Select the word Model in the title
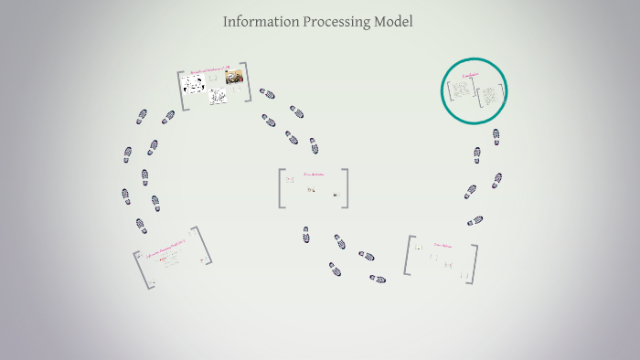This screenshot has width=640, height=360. pos(393,21)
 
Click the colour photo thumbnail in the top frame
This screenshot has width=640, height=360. pos(234,78)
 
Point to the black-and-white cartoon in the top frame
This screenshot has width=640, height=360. pos(193,85)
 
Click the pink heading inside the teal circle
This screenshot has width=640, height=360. pos(472,76)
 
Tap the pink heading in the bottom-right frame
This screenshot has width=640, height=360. pos(443,245)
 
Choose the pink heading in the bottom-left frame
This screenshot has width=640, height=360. pos(166,249)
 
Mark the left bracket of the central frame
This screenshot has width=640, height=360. pos(283,188)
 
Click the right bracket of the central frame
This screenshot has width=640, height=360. pos(345,188)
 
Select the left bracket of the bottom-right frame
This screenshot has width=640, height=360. pos(408,255)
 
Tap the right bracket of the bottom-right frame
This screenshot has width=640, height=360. pos(474,262)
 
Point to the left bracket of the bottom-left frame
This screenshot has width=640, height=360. pos(144,270)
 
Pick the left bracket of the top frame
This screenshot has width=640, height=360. pos(181,90)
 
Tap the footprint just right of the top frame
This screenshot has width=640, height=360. pos(267,93)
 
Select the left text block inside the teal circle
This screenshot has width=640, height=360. pos(460,91)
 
